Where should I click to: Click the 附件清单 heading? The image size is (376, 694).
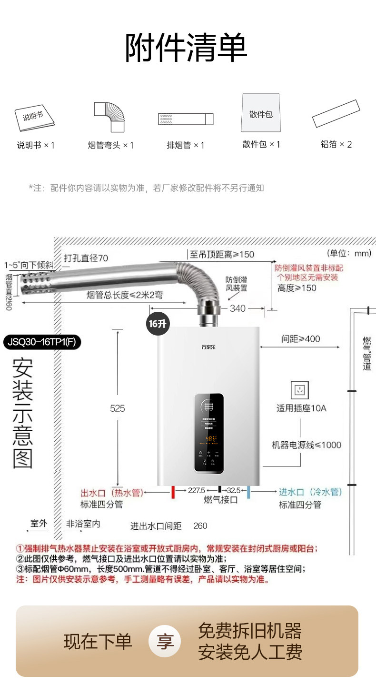pyautogui.click(x=186, y=48)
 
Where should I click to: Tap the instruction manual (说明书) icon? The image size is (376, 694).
pyautogui.click(x=34, y=118)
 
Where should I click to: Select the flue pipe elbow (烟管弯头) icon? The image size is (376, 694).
pyautogui.click(x=110, y=117)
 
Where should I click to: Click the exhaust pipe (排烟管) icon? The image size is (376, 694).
pyautogui.click(x=186, y=119)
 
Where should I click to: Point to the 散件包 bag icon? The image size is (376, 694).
pyautogui.click(x=260, y=113)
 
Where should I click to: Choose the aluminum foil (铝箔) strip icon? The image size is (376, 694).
pyautogui.click(x=336, y=113)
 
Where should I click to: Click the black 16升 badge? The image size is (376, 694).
pyautogui.click(x=158, y=324)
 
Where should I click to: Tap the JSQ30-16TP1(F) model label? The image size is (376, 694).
pyautogui.click(x=42, y=342)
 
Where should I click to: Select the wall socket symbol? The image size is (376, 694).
pyautogui.click(x=300, y=390)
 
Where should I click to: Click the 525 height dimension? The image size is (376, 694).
pyautogui.click(x=117, y=408)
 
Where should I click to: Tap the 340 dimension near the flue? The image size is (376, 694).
pyautogui.click(x=238, y=308)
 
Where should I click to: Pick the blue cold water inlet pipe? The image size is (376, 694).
pyautogui.click(x=248, y=492)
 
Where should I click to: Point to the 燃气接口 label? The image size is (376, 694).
pyautogui.click(x=220, y=500)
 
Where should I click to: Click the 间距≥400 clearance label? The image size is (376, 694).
pyautogui.click(x=300, y=339)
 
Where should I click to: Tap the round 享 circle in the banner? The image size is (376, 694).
pyautogui.click(x=165, y=641)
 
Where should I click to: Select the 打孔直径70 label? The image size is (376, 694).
pyautogui.click(x=86, y=258)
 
